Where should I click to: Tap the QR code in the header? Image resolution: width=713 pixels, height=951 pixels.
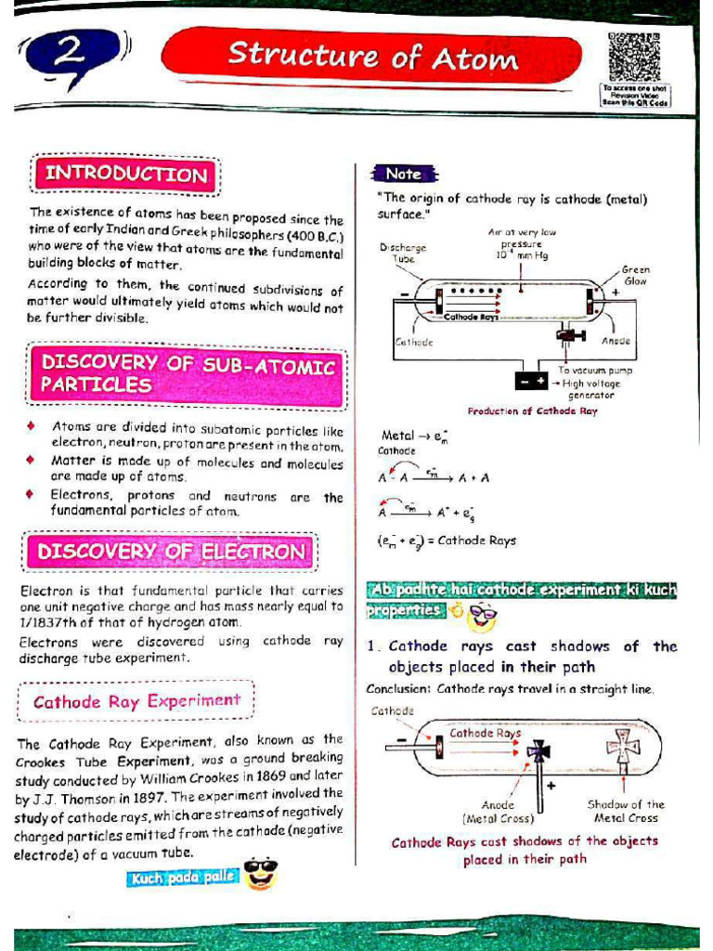pos(634,57)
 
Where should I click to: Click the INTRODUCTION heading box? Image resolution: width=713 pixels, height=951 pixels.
pos(126,175)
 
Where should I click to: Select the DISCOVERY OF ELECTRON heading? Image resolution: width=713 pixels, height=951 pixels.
pos(171,552)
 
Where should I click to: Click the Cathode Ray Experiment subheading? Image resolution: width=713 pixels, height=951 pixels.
pos(136,701)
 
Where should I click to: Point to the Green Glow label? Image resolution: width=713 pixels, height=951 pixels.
pos(636,276)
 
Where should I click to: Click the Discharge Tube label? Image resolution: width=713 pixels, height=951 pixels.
pos(403,254)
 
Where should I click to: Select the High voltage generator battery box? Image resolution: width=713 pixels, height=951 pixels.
pos(532,381)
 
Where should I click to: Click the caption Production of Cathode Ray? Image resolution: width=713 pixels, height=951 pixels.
pos(532,410)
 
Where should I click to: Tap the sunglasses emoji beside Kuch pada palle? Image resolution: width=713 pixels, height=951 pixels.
pos(262,873)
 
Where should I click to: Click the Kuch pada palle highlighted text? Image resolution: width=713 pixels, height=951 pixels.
pos(183,877)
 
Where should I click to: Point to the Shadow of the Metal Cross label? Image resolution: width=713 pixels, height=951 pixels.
pos(626,811)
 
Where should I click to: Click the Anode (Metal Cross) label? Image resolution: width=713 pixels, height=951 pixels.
pos(498,812)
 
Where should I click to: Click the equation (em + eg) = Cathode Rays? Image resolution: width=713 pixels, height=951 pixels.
pos(447,540)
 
